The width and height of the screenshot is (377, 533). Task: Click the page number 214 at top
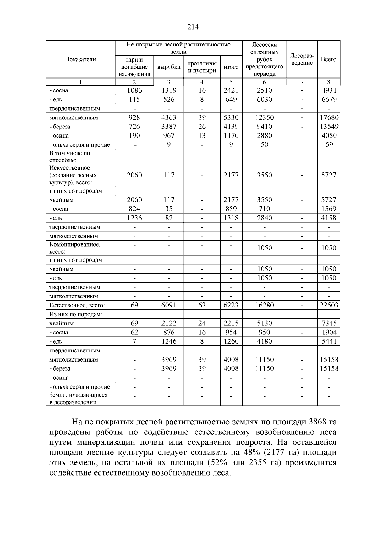coord(193,27)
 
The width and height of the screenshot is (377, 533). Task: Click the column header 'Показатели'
coord(80,59)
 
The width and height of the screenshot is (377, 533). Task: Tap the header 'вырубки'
coord(169,67)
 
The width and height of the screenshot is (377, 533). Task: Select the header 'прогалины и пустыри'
coord(202,67)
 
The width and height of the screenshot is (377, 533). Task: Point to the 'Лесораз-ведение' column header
coord(302,59)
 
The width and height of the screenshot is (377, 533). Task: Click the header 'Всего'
coord(329,59)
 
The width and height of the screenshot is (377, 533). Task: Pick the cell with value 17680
coord(329,117)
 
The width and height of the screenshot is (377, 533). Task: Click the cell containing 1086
coord(134,90)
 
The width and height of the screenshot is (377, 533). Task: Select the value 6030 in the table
coord(265,100)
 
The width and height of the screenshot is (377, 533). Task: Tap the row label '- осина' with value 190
coord(59,136)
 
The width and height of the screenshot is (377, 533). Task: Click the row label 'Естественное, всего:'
coord(77,305)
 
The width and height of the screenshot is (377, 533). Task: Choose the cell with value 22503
coord(329,305)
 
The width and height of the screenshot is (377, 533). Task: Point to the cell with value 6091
coord(169,305)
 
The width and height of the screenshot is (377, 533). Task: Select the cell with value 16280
coord(265,305)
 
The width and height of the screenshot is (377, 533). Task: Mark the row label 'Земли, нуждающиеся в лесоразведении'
coord(78,399)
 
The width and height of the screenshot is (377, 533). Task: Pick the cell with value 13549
coord(329,127)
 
